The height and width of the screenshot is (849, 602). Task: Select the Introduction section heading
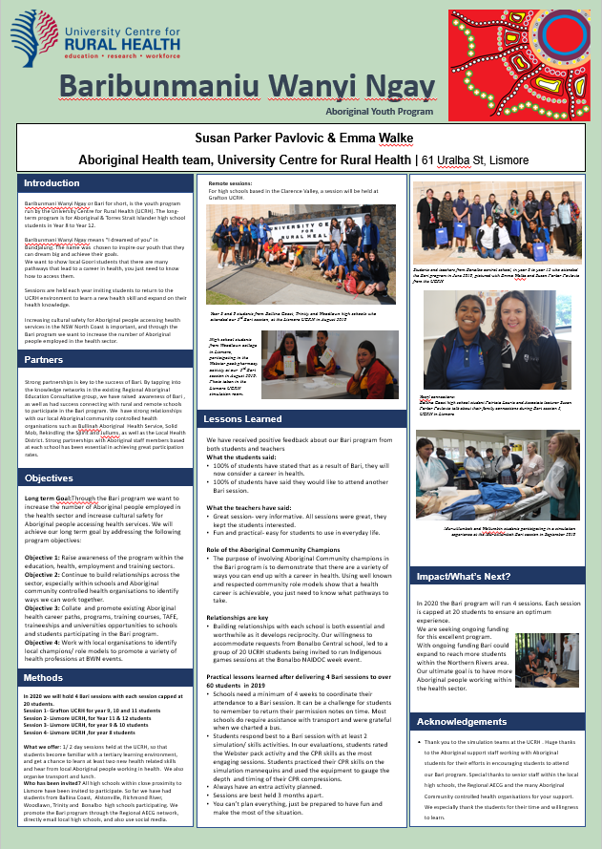click(52, 182)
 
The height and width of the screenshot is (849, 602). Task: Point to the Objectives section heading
click(50, 478)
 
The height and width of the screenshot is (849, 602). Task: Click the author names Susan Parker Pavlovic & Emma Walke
click(300, 138)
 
